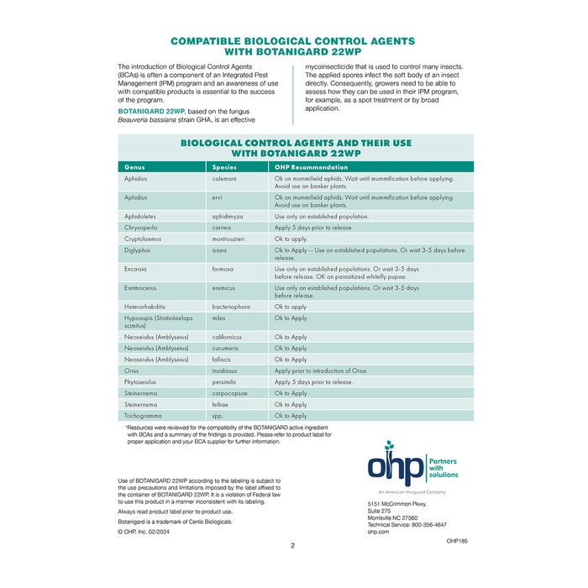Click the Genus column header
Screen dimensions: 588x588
[134, 167]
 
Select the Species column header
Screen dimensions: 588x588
[225, 167]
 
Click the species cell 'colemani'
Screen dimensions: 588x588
[224, 179]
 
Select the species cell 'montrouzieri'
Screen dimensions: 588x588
[230, 239]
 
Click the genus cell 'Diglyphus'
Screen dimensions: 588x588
[138, 250]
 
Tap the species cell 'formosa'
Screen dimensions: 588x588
[223, 269]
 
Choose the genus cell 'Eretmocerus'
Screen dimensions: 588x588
[142, 288]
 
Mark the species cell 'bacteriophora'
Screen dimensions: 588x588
[231, 307]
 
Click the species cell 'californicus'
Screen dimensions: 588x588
[228, 337]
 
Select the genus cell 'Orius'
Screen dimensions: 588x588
[133, 370]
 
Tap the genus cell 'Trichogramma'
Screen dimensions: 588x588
[144, 416]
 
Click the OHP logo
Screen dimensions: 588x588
[412, 465]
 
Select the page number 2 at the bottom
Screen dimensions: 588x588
[292, 546]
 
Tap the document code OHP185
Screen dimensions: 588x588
[457, 542]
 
